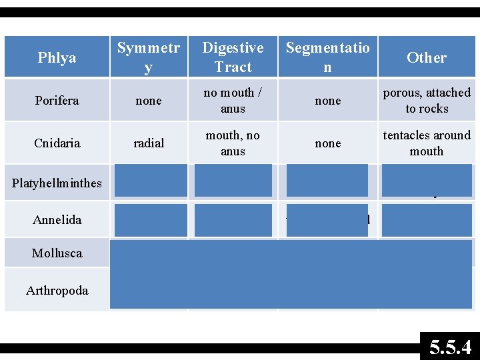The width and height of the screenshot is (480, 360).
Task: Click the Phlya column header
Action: tap(57, 58)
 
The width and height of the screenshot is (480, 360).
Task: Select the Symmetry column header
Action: tap(149, 57)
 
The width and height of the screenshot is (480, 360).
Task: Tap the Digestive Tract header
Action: tap(233, 57)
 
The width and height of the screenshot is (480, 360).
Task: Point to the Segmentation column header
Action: tap(327, 57)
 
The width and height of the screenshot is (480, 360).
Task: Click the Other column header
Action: tap(426, 58)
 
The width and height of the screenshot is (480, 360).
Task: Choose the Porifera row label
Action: tap(57, 101)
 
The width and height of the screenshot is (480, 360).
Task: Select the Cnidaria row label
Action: tap(57, 143)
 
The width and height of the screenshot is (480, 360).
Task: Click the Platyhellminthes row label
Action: tap(57, 183)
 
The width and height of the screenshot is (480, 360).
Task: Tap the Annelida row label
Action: tap(57, 219)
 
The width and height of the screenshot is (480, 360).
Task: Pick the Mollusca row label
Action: tap(57, 253)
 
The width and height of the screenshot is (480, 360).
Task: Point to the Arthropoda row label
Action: tap(57, 290)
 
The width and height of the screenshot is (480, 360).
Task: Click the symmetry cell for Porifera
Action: tap(149, 101)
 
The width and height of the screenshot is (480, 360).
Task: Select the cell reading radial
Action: tap(149, 143)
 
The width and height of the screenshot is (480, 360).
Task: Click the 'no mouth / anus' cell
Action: tap(233, 101)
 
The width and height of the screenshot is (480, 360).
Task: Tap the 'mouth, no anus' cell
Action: tap(233, 143)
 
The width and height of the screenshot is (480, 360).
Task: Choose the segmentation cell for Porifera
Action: tap(327, 101)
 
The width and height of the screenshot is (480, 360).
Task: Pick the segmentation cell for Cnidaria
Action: tap(327, 143)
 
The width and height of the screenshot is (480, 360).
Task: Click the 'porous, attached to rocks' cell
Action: tap(427, 101)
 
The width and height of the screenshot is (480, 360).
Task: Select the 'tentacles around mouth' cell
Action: tap(427, 143)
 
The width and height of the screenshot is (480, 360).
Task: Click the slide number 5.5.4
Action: tap(450, 347)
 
